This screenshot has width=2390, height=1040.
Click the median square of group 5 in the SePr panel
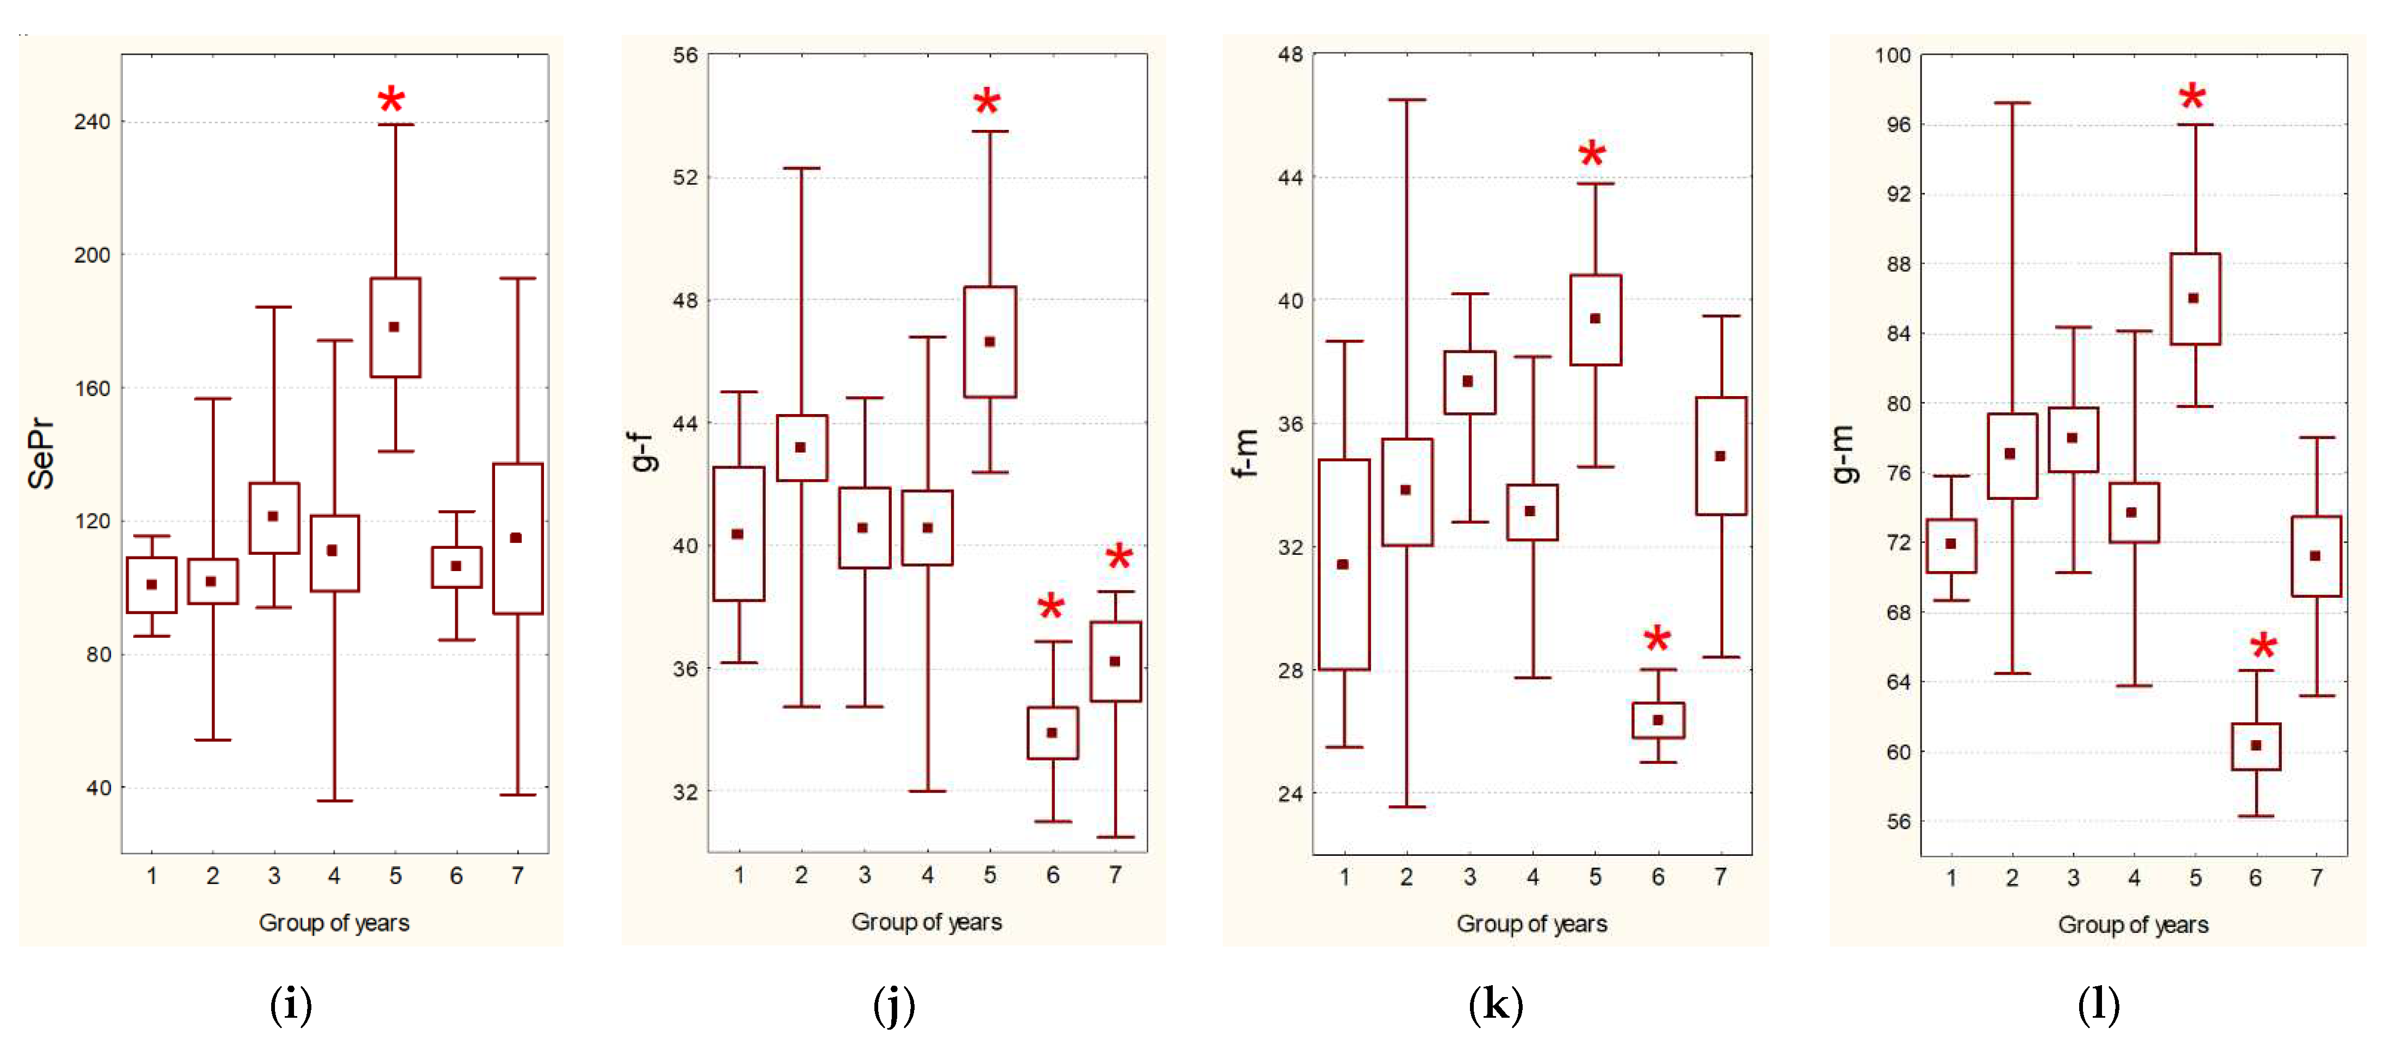pos(395,327)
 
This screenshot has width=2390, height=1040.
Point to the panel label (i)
pos(290,1005)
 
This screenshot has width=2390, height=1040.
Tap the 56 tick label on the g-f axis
pos(686,55)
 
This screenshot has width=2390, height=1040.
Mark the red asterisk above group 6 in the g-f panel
pos(1050,607)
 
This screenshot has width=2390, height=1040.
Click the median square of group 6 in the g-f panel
pos(1052,733)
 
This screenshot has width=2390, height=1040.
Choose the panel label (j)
pos(893,1005)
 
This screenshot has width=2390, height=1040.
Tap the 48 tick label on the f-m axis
pos(1291,55)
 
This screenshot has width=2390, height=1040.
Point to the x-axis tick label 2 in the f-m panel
pos(1406,876)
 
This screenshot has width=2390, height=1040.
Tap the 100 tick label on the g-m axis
pos(1893,55)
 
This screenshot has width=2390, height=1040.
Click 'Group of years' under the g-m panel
pos(2133,925)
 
